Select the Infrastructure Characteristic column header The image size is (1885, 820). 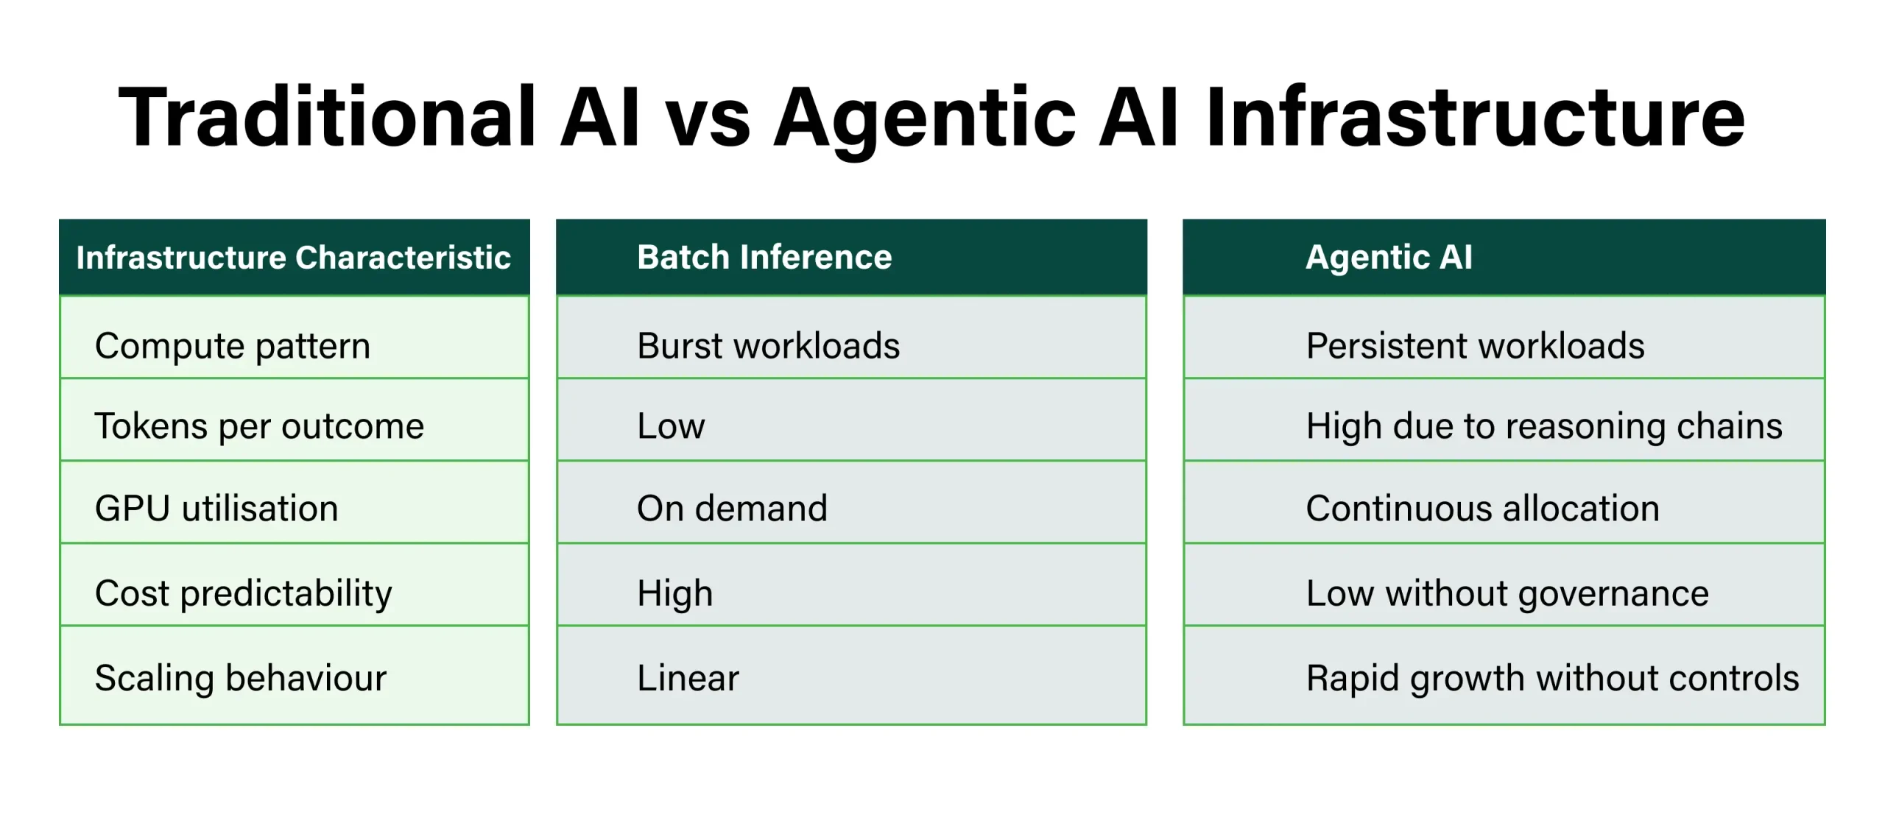click(293, 258)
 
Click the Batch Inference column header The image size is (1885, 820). click(764, 258)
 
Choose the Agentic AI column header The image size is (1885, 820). click(1389, 258)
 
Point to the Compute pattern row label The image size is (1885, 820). click(233, 346)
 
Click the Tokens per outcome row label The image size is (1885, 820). click(259, 426)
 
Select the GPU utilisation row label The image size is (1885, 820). click(216, 509)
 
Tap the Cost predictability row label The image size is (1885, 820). click(243, 593)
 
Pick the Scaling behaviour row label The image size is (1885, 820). click(240, 678)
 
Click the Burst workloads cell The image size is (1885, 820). click(768, 346)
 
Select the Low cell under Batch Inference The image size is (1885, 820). click(671, 426)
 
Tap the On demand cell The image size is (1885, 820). click(732, 509)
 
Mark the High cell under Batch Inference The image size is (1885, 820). click(674, 593)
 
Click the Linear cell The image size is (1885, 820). click(688, 678)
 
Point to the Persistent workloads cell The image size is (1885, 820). click(1475, 346)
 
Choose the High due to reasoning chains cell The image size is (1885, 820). click(1544, 426)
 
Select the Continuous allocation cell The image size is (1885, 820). click(1482, 509)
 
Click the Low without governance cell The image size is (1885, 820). click(1507, 593)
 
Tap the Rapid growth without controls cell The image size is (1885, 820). click(1552, 678)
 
